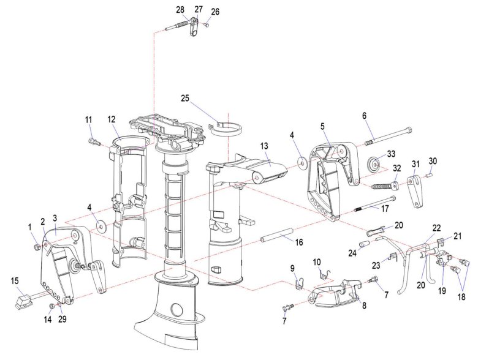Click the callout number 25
pyautogui.click(x=185, y=99)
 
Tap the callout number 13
pyautogui.click(x=264, y=146)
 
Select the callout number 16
pyautogui.click(x=299, y=242)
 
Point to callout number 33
pyautogui.click(x=391, y=153)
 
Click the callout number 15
pyautogui.click(x=15, y=280)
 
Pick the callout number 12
pyautogui.click(x=112, y=120)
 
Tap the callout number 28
pyautogui.click(x=180, y=10)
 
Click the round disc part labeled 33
pyautogui.click(x=374, y=165)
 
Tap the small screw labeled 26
pyautogui.click(x=207, y=25)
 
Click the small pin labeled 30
pyautogui.click(x=430, y=174)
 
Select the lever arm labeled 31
pyautogui.click(x=416, y=191)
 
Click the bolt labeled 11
pyautogui.click(x=94, y=142)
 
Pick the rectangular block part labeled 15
pyautogui.click(x=25, y=301)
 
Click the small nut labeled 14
pyautogui.click(x=52, y=306)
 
